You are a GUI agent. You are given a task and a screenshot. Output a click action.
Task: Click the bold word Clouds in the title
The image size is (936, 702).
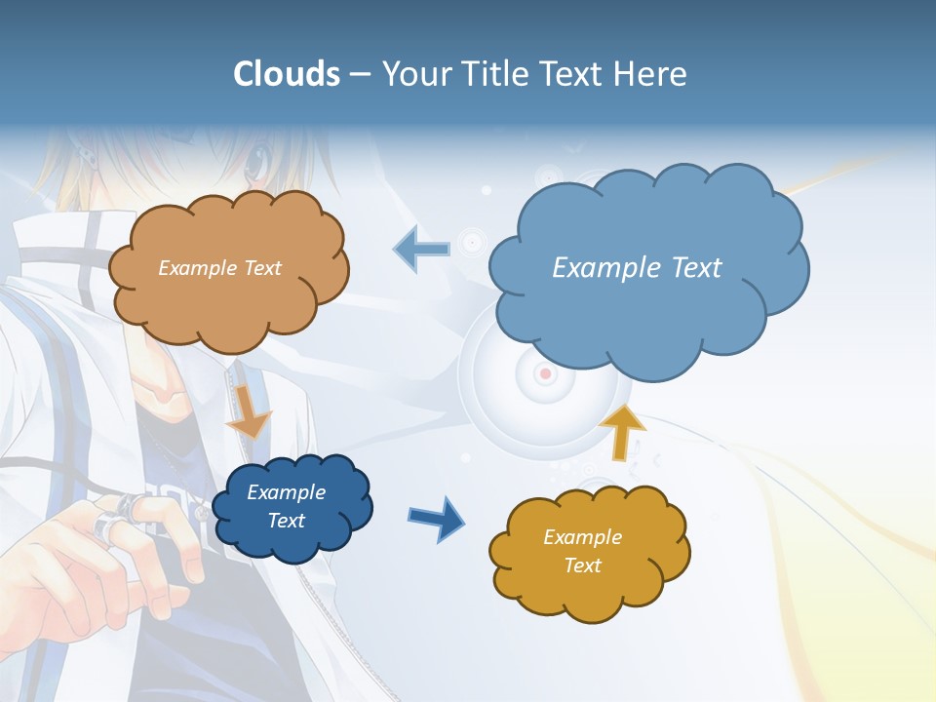click(x=287, y=74)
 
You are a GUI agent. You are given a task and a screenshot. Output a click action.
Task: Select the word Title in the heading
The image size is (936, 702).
click(x=494, y=74)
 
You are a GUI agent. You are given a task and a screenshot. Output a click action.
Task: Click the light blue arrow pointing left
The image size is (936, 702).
click(x=422, y=250)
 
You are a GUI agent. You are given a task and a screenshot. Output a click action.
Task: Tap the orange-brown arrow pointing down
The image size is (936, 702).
click(x=249, y=413)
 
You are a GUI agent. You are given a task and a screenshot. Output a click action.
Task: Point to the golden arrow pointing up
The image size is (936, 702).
click(x=621, y=430)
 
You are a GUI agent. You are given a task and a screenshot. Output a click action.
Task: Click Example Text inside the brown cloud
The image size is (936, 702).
click(x=219, y=268)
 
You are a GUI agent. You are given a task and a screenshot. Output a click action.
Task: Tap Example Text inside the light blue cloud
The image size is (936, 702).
click(x=637, y=268)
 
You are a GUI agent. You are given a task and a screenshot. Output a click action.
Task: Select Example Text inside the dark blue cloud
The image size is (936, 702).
click(x=287, y=506)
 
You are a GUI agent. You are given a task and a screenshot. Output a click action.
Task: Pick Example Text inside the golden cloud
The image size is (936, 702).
click(x=582, y=551)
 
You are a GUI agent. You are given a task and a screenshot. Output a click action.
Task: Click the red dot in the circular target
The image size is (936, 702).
click(x=545, y=373)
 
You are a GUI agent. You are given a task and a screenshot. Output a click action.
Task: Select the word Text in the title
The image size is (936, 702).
click(x=572, y=74)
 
